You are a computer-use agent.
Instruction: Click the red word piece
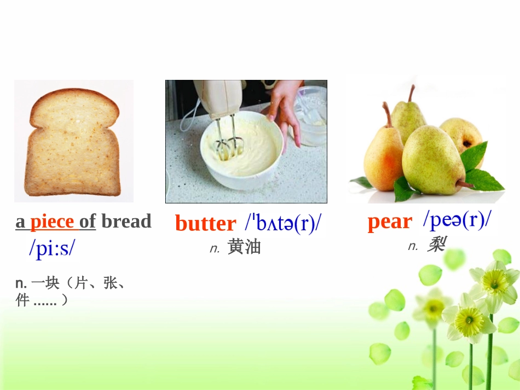point(52,222)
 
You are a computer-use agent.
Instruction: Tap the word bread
point(126,222)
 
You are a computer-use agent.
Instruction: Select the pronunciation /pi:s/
point(52,248)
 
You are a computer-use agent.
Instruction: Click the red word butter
point(205,224)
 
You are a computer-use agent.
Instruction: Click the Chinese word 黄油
point(244,247)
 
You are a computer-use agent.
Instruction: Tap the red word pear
point(390,222)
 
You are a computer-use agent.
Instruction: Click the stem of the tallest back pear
point(411,93)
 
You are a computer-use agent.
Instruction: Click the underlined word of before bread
point(88,222)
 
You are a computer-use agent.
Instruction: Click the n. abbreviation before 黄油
point(215,249)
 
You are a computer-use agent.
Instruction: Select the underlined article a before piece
point(20,222)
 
